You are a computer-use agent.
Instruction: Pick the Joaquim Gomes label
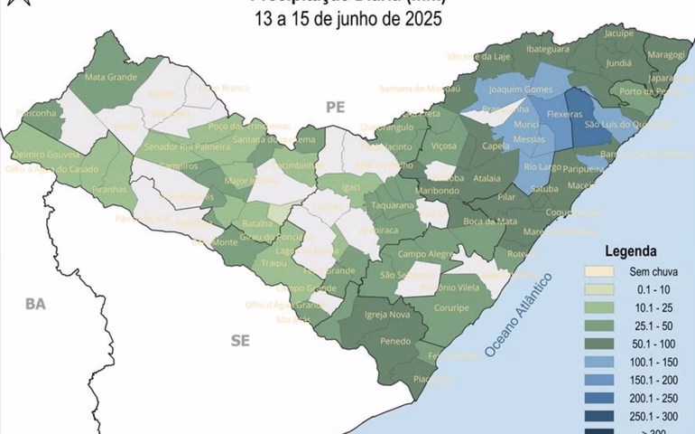click(x=519, y=90)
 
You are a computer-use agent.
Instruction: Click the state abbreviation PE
click(x=336, y=107)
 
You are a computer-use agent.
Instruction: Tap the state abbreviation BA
click(x=35, y=305)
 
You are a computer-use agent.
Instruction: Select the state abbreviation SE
click(x=240, y=340)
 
